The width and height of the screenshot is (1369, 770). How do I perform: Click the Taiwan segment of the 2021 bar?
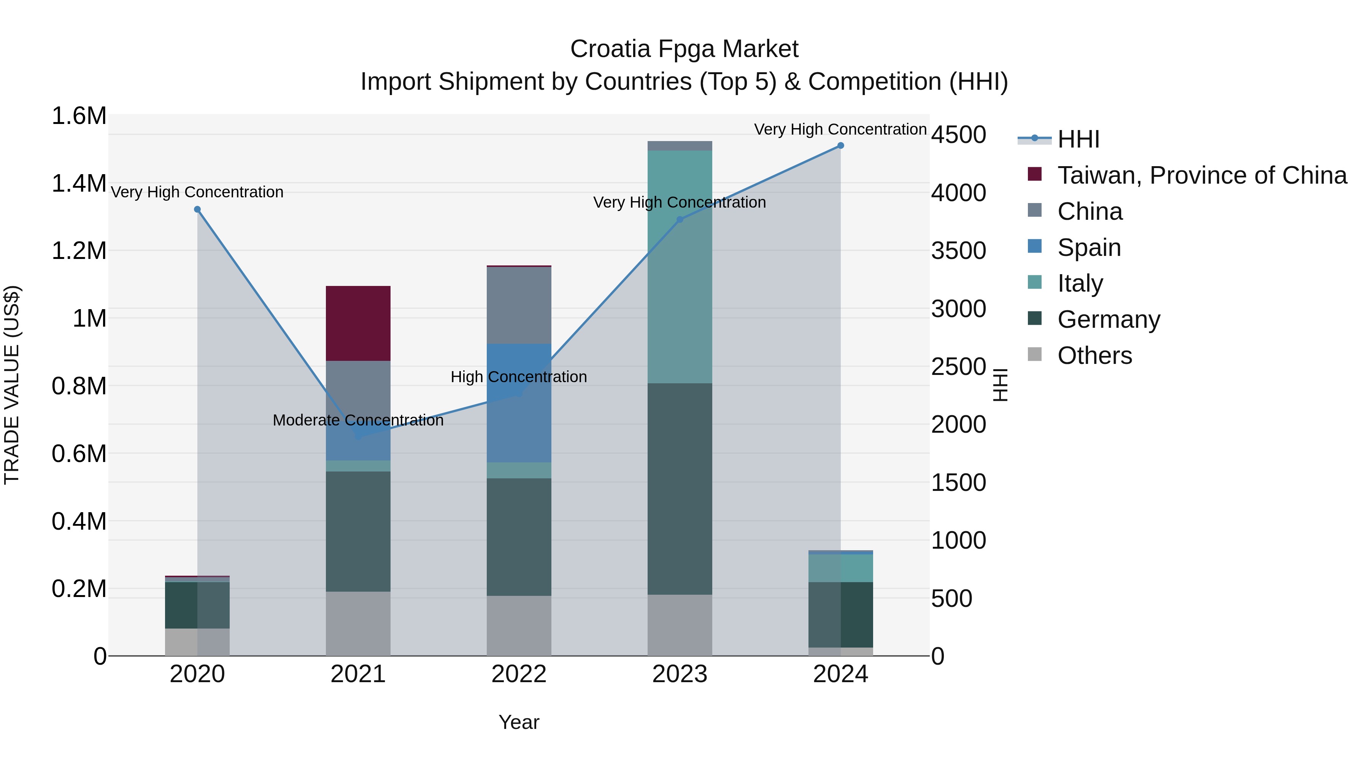[358, 323]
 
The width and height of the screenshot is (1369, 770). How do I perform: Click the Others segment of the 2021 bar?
[358, 623]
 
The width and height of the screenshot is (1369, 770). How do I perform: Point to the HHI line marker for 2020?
[197, 210]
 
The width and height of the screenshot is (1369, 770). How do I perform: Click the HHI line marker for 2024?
[840, 146]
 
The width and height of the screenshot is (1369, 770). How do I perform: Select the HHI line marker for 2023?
[679, 219]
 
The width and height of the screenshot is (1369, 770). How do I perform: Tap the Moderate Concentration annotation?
[358, 420]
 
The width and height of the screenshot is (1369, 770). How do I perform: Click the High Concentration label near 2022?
[519, 377]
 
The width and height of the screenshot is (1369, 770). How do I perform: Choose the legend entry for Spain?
[1089, 248]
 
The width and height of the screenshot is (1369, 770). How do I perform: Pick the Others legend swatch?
[1034, 354]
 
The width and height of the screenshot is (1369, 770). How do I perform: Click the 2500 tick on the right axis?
[958, 367]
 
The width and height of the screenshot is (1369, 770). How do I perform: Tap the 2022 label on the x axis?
[519, 674]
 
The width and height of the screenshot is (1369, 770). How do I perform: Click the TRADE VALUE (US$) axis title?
[12, 385]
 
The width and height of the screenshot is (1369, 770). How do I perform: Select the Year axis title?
[519, 722]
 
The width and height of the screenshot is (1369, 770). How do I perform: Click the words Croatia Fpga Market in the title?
[684, 49]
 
